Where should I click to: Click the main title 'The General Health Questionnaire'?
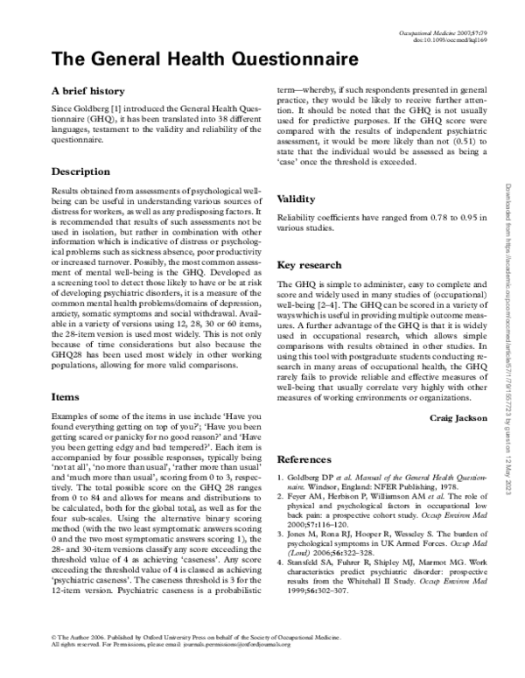point(206,59)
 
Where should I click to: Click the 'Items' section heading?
point(66,396)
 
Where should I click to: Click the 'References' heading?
point(304,459)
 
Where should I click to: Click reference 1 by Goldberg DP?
point(381,482)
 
